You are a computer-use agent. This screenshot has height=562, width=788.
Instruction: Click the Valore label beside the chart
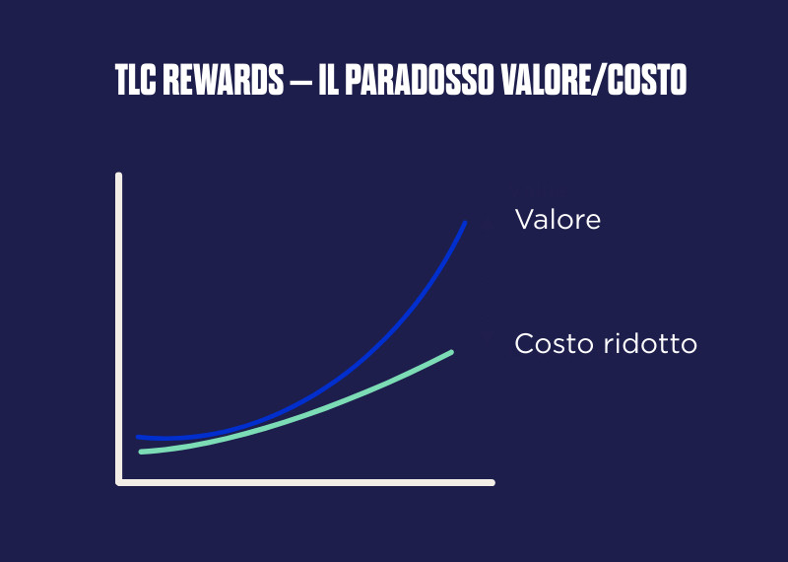point(558,219)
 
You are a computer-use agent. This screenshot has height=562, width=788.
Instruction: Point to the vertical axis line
point(119,325)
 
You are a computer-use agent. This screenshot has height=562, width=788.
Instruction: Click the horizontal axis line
point(305,482)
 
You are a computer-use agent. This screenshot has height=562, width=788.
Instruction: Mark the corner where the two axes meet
point(119,482)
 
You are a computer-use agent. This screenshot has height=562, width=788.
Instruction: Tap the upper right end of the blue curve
point(464,224)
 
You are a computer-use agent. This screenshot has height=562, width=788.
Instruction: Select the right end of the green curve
point(450,352)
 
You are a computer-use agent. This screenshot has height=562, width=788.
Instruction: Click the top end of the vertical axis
point(119,176)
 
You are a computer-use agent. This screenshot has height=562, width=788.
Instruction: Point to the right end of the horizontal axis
point(491,482)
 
